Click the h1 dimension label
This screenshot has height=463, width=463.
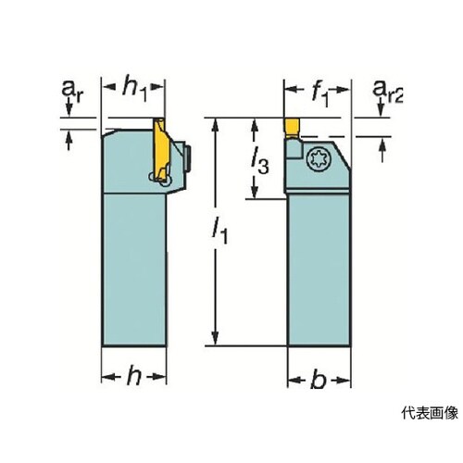(134, 89)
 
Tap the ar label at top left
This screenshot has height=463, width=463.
(72, 90)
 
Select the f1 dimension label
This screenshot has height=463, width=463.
(319, 94)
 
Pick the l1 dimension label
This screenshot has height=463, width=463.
(219, 231)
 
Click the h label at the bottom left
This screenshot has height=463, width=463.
(134, 375)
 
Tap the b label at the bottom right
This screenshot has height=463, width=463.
(319, 379)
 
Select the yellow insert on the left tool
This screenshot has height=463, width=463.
(160, 150)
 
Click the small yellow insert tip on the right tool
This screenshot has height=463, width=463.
(292, 128)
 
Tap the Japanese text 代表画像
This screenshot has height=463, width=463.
(430, 413)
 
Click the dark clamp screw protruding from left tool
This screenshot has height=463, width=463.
(188, 158)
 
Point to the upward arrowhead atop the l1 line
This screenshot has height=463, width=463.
(216, 123)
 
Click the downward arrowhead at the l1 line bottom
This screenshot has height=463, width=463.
(216, 339)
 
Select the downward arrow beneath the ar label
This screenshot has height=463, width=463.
(69, 108)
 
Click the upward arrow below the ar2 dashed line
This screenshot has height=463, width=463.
(382, 150)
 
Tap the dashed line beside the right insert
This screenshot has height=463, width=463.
(345, 137)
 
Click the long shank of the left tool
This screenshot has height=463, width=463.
(134, 269)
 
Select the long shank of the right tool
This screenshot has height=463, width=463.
(319, 269)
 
